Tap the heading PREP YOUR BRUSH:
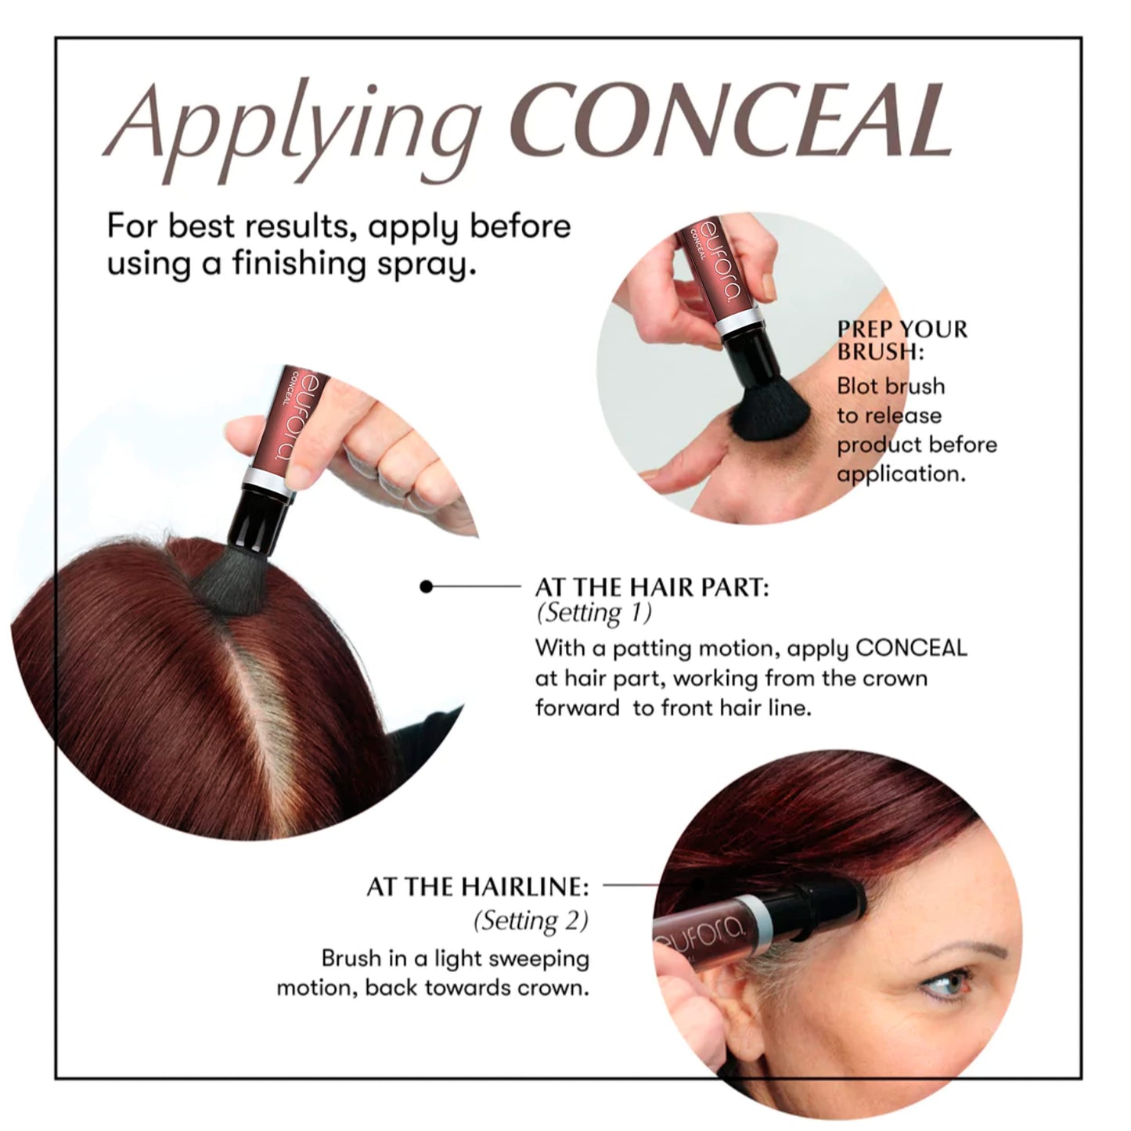[x=902, y=340]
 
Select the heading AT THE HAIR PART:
[x=651, y=587]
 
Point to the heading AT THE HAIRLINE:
[x=477, y=887]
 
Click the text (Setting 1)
[x=593, y=613]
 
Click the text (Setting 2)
[x=531, y=920]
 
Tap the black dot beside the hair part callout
[x=426, y=586]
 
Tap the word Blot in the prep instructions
[x=855, y=387]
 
